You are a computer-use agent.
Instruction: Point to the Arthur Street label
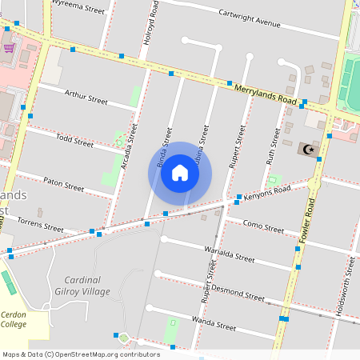point(86,99)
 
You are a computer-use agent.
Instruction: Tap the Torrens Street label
point(39,220)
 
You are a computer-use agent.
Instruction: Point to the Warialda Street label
point(229,254)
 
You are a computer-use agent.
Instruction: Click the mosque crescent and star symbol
point(308,149)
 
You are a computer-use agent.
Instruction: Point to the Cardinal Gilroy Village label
point(82,286)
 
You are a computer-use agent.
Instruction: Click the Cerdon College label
point(13,319)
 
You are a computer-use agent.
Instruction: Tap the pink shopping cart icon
point(9,47)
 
